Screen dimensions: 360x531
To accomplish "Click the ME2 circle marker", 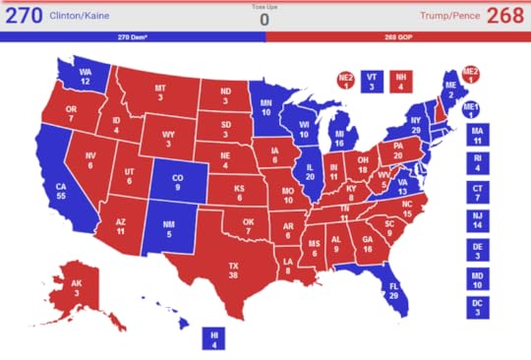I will [470, 77].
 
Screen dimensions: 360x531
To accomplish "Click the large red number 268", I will [506, 17].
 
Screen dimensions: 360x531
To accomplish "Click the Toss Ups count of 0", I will [264, 20].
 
